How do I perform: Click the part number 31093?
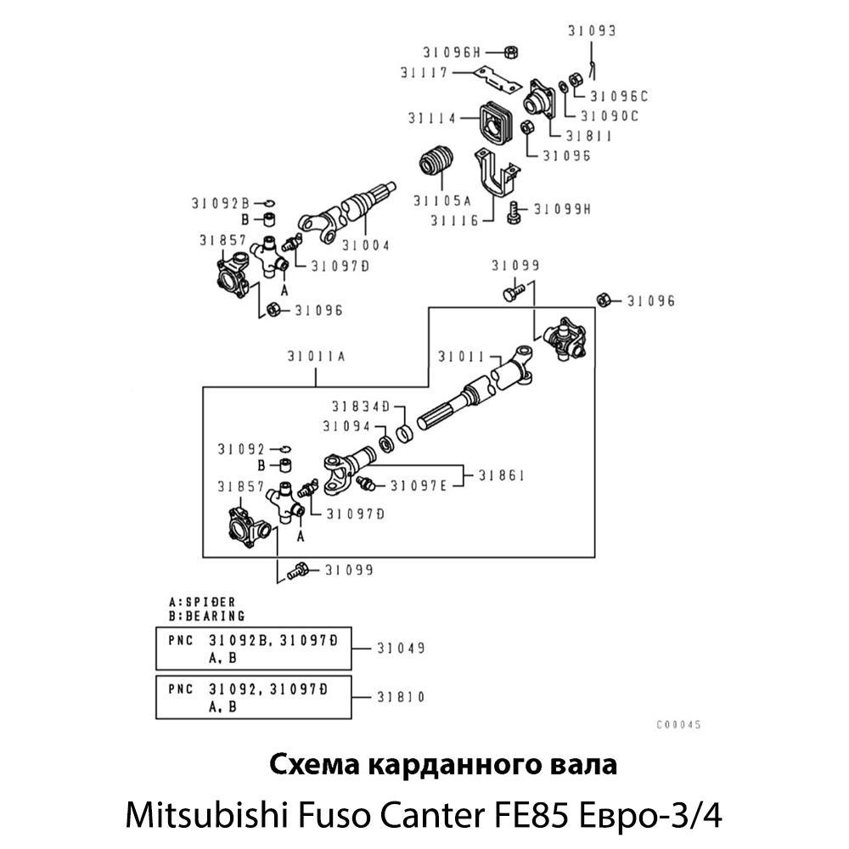coord(592,31)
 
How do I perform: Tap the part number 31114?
coord(431,118)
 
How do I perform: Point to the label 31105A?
coord(441,201)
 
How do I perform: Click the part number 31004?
coord(366,245)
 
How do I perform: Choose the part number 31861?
coord(501,475)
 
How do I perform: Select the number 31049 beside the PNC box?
coord(400,648)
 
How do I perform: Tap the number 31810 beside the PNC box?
coord(400,697)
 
